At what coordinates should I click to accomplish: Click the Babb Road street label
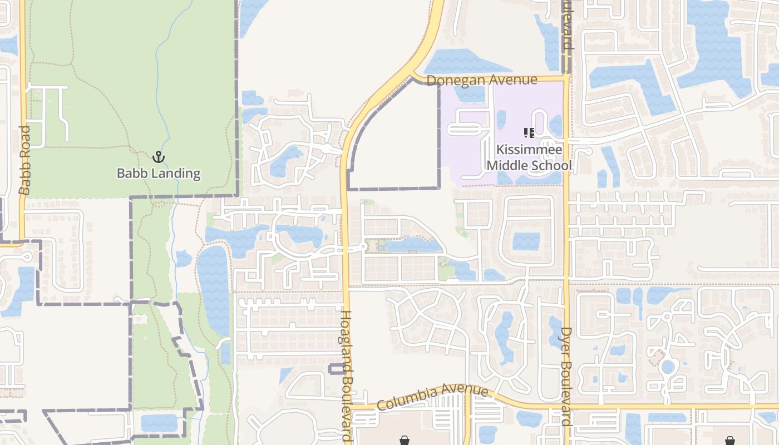tap(24, 160)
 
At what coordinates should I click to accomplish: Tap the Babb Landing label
tap(159, 173)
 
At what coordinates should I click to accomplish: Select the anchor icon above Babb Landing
tap(159, 156)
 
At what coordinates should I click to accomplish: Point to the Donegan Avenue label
tap(482, 80)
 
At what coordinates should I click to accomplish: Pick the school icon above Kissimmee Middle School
tap(529, 133)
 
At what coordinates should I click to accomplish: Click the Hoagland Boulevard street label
tap(346, 376)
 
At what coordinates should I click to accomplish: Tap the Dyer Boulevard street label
tap(566, 376)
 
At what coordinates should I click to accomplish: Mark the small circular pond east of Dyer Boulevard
tap(667, 367)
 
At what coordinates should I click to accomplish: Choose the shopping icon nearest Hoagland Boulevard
tap(405, 440)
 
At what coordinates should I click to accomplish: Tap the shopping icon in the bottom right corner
tap(730, 440)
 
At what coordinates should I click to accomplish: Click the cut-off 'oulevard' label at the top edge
tap(567, 25)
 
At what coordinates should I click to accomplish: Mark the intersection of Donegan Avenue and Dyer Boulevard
tap(566, 78)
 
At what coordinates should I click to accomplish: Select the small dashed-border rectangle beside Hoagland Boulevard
tap(337, 369)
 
